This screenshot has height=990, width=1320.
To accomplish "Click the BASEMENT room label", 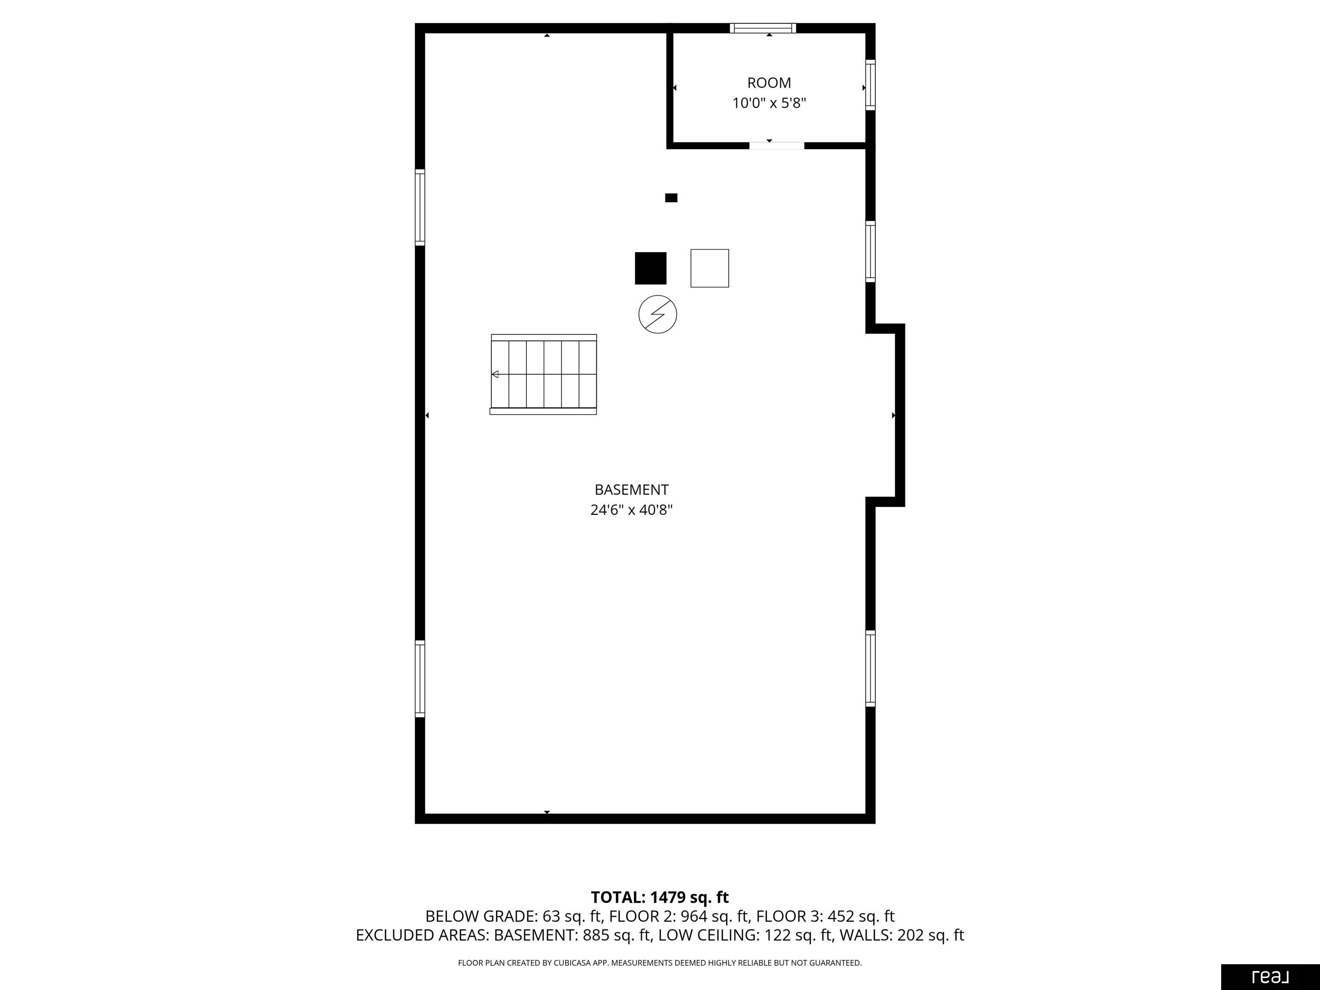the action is (631, 490).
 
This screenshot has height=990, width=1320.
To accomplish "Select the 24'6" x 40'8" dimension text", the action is (631, 510).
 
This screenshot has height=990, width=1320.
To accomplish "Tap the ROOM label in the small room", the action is (769, 83).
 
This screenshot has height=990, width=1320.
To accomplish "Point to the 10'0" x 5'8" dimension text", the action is (769, 103).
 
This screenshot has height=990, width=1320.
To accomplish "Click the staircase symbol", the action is (543, 374).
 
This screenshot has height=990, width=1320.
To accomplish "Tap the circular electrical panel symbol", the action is (657, 315).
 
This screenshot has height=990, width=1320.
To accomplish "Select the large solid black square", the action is (651, 269).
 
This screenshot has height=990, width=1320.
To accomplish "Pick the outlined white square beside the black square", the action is (709, 269).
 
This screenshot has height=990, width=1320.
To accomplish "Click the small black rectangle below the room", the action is (671, 198).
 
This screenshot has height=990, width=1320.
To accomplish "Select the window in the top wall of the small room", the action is (763, 28).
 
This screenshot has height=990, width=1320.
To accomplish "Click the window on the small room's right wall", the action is (871, 85).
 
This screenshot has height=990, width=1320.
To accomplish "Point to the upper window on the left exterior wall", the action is (420, 208).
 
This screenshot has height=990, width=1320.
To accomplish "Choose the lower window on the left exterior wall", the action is (420, 678).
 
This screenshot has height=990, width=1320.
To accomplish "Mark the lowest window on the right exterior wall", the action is (871, 668).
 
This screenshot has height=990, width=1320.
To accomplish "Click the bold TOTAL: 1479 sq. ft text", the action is (660, 898).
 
